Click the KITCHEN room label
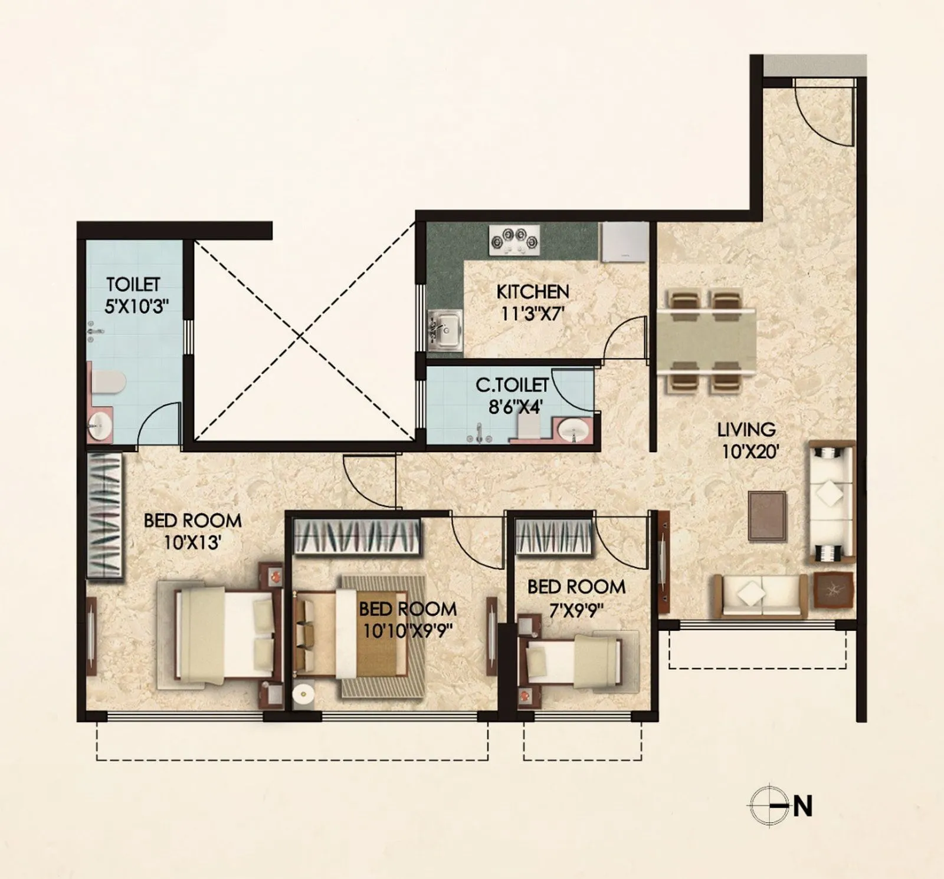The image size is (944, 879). [x=532, y=292]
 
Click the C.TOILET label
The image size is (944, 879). [x=512, y=385]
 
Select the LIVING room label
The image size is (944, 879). [x=746, y=430]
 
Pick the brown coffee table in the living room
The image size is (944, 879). [x=766, y=516]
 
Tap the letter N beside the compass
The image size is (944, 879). [x=802, y=806]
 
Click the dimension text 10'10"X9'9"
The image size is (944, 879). [x=408, y=631]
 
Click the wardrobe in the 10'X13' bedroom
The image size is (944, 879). [x=105, y=516]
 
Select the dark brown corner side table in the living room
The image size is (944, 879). [x=834, y=590]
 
